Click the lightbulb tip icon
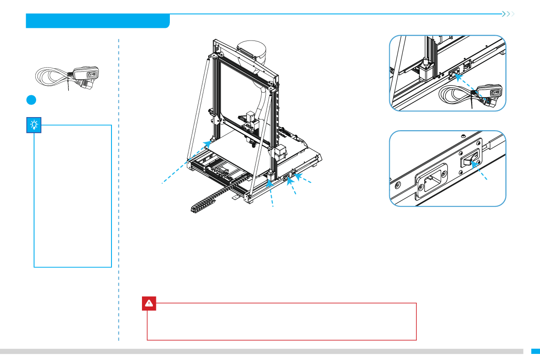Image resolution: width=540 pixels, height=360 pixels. tap(34, 125)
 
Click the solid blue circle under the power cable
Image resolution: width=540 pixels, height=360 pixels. tap(30, 99)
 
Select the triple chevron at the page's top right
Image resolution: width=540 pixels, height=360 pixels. tap(508, 14)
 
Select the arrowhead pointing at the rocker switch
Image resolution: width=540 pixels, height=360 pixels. tap(473, 166)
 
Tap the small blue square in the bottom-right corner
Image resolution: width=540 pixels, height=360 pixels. tap(535, 351)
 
